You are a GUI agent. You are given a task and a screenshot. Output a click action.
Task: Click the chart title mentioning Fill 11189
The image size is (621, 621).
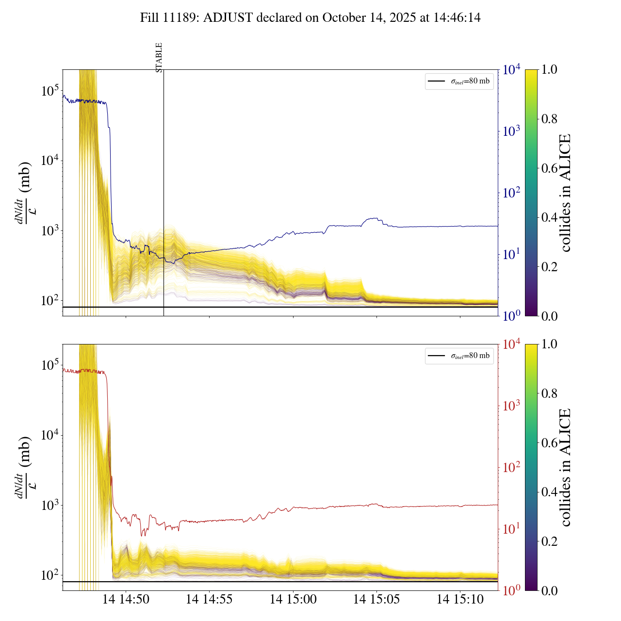[310, 18]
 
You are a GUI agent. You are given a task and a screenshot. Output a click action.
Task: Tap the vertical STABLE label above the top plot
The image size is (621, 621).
[159, 57]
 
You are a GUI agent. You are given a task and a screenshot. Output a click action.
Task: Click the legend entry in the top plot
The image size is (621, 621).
[459, 82]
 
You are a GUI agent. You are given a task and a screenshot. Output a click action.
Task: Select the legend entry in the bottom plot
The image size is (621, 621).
[459, 356]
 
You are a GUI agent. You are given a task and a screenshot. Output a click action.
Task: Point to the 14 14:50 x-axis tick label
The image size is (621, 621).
[126, 600]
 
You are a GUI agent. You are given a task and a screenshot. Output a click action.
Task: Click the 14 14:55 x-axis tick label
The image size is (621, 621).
[209, 600]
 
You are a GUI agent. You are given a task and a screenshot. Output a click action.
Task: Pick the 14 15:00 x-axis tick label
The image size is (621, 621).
[293, 600]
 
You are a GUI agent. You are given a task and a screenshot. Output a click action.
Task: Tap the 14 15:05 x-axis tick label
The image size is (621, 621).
[376, 600]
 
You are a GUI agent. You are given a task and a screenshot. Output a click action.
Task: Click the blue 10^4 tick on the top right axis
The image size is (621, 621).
[511, 70]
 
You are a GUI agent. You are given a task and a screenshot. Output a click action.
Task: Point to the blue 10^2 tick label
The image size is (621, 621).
[511, 193]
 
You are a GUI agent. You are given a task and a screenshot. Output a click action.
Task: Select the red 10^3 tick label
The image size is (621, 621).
[511, 406]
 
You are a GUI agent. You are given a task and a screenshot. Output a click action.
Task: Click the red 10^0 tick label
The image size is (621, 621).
[511, 590]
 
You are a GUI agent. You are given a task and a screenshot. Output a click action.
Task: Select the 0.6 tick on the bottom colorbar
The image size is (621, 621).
[549, 442]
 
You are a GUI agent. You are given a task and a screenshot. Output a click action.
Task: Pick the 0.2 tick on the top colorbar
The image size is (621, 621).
[549, 266]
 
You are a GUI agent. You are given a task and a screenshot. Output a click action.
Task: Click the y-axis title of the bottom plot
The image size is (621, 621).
[23, 467]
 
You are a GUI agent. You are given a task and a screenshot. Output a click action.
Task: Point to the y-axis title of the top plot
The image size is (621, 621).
[23, 193]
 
